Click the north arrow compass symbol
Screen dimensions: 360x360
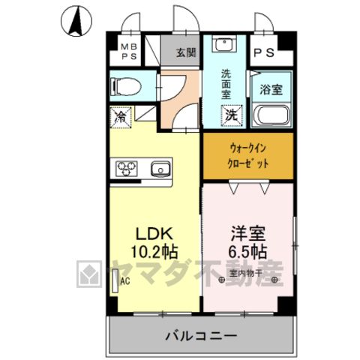76,21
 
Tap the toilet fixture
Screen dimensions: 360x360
126,86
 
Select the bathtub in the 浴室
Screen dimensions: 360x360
271,115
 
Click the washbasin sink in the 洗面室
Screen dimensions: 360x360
224,44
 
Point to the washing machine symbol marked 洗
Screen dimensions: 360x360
232,115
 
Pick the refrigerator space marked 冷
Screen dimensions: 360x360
121,117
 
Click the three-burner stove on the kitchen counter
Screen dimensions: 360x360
127,168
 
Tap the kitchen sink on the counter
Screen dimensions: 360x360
161,169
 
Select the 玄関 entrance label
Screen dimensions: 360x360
186,52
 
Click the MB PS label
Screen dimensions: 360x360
129,52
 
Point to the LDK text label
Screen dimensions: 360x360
154,233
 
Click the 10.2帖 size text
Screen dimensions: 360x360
154,251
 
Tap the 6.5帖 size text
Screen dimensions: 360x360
247,251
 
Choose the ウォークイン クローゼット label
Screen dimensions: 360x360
247,156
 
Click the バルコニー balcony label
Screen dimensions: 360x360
201,336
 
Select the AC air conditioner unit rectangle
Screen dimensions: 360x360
115,280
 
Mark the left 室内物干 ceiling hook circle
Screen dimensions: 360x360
221,280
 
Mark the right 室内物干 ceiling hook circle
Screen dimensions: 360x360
274,280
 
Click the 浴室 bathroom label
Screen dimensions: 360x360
271,89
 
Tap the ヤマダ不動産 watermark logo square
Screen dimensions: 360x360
89,274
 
